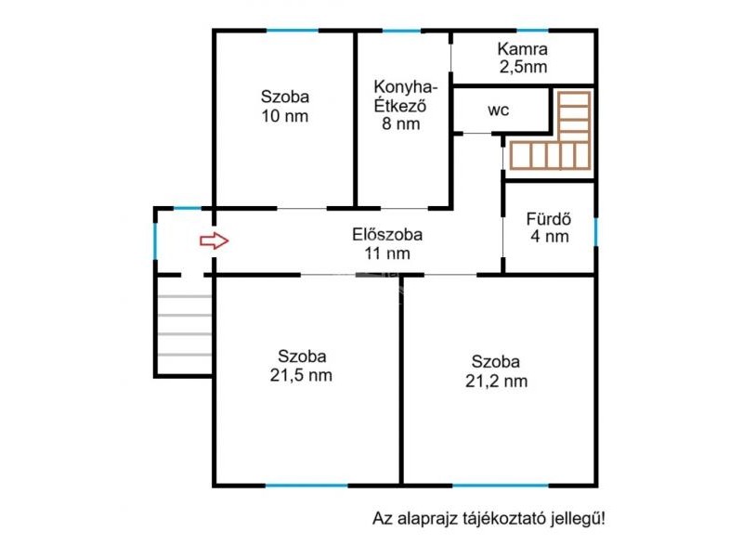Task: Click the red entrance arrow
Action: click(215, 240)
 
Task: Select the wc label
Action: click(498, 110)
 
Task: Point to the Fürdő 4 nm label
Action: click(549, 227)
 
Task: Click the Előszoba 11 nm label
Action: click(387, 244)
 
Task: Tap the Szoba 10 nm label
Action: click(285, 106)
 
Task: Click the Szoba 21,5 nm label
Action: click(301, 366)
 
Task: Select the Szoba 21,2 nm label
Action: click(496, 371)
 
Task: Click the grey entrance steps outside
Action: click(184, 326)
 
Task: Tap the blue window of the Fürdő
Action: click(595, 232)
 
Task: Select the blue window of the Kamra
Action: click(532, 31)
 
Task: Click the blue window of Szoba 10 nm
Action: click(292, 31)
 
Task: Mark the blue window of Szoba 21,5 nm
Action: click(306, 486)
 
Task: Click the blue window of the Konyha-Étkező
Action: click(402, 31)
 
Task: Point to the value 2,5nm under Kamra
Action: click(523, 67)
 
